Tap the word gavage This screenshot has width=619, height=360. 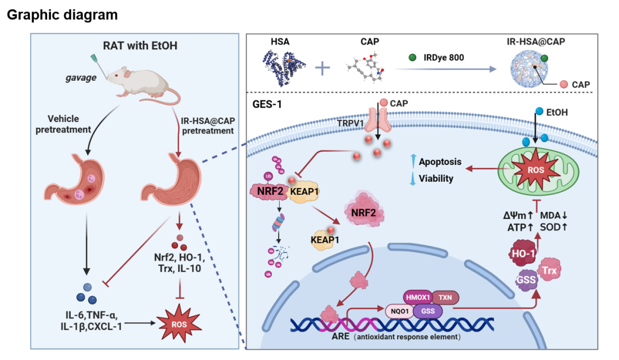80,77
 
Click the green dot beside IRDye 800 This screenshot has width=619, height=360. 412,57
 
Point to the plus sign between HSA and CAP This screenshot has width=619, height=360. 323,69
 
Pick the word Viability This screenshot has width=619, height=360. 436,178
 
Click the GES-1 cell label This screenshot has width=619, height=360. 266,105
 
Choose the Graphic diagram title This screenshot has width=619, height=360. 62,15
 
